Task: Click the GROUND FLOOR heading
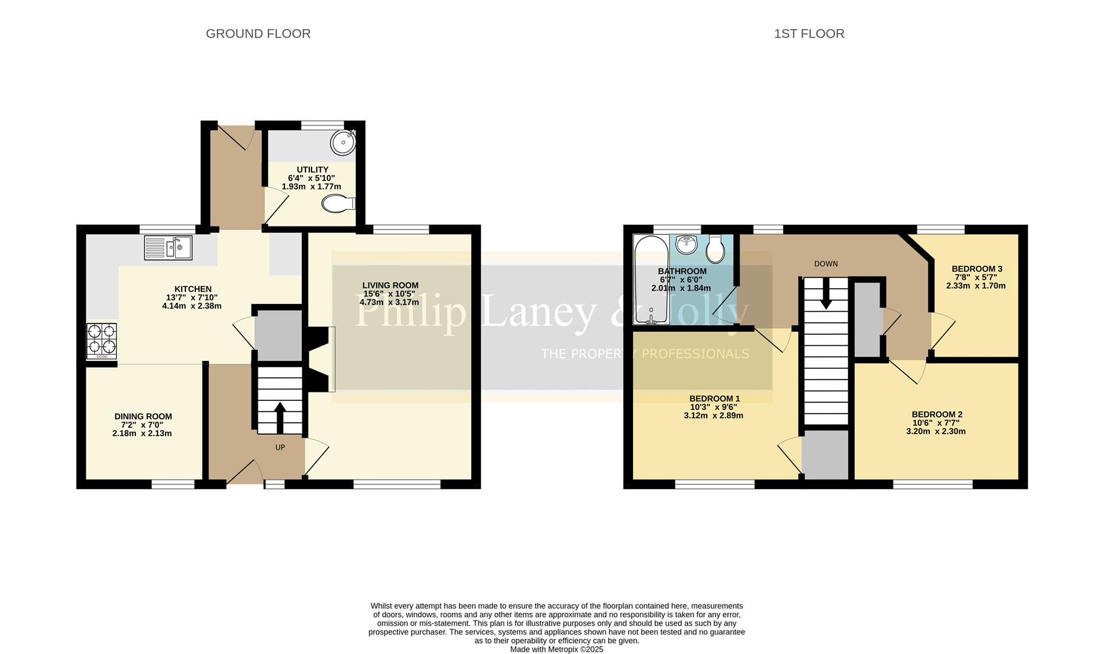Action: pos(258,34)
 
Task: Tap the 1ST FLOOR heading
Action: pos(809,34)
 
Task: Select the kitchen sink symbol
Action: pos(169,248)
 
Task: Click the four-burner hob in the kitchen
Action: pos(101,340)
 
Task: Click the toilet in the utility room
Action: pos(337,204)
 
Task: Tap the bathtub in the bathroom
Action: pos(652,280)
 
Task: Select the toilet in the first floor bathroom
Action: pos(716,248)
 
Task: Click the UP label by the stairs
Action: pos(280,448)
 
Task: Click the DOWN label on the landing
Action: pos(826,264)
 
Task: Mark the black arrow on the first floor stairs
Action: pos(826,295)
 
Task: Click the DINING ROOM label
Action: pos(143,417)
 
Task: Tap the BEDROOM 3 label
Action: pos(977,269)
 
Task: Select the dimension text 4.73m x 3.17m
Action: pos(389,302)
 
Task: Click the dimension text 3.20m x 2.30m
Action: pos(935,432)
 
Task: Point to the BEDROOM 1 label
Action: pos(714,398)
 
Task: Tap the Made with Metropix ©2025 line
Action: pos(557,649)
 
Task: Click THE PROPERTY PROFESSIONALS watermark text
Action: pos(644,354)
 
